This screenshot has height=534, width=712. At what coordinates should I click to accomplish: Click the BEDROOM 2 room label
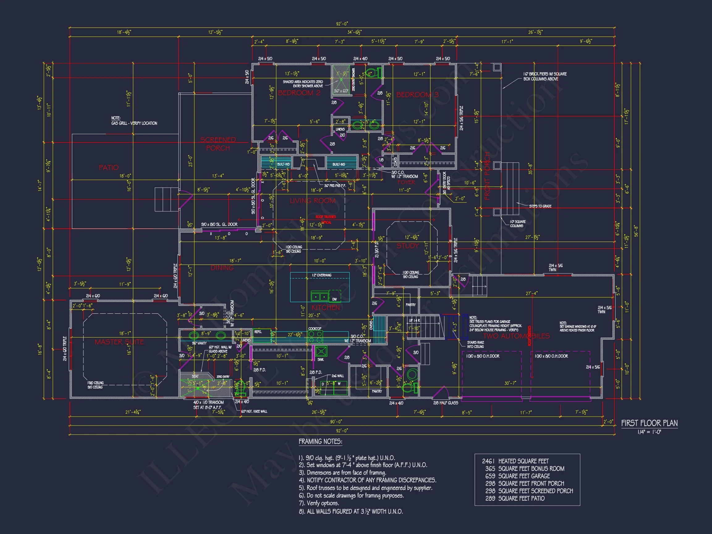click(x=299, y=93)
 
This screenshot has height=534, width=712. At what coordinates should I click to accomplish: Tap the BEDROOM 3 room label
click(x=417, y=95)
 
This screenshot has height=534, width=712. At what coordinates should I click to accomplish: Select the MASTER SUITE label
click(x=119, y=342)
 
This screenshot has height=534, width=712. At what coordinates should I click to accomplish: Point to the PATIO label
click(x=108, y=167)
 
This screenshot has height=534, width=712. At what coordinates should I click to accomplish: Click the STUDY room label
click(x=408, y=246)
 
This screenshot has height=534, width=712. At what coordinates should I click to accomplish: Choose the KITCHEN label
click(x=325, y=307)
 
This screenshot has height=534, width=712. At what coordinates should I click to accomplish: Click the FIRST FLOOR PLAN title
click(x=649, y=423)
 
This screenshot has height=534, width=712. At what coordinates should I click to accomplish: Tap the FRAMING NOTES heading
click(x=320, y=442)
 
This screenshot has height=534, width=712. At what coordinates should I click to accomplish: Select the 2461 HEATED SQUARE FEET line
click(x=515, y=461)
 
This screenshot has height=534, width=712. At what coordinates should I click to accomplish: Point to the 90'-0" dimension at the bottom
click(x=336, y=422)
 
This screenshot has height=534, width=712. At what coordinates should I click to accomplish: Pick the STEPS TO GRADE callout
click(x=540, y=206)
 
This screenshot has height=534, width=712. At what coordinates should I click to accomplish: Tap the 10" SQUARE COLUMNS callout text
click(x=517, y=224)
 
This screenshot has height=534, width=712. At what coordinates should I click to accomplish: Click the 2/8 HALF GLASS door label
click(x=446, y=403)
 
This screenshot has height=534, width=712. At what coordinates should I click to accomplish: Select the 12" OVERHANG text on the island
click(x=322, y=275)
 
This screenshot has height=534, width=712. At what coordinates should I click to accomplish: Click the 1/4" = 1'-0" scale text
click(x=649, y=432)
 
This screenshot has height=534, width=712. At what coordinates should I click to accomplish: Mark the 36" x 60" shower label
click(x=341, y=91)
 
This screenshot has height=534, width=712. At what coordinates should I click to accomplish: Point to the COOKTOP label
click(x=315, y=328)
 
